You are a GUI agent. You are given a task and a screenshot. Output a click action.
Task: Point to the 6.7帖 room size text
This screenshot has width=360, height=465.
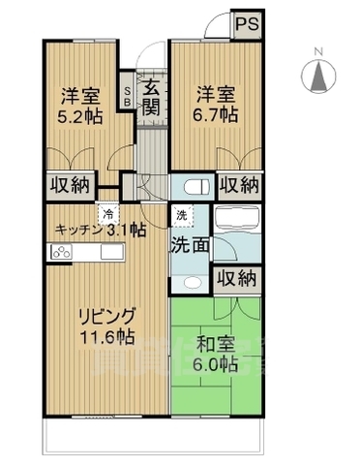click(218, 114)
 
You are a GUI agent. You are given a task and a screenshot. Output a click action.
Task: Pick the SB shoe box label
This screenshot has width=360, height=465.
click(128, 94)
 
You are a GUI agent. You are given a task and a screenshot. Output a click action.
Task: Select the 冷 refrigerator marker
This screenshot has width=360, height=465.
click(110, 214)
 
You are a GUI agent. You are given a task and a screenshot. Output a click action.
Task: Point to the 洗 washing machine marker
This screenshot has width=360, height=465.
click(181, 215)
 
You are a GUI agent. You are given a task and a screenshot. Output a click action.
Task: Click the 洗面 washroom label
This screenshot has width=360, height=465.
click(191, 245)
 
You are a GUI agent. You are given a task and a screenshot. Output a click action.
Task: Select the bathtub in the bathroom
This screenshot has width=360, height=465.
click(237, 218)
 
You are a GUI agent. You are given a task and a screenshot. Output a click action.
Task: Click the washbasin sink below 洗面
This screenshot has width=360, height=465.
click(191, 281)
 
